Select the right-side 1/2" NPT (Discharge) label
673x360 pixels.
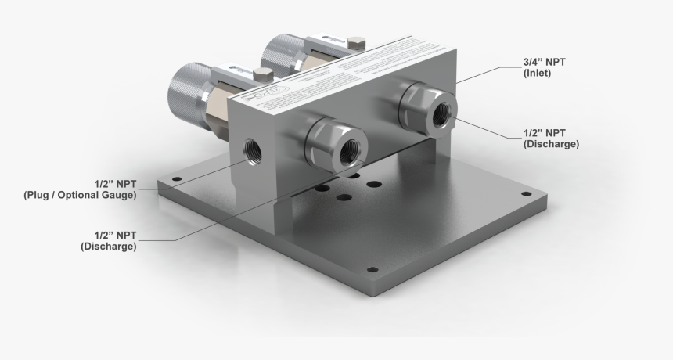tap(551, 138)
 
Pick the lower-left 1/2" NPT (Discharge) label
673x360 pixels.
tap(109, 240)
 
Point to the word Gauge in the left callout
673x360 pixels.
tap(117, 196)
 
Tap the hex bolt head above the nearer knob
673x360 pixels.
tap(264, 75)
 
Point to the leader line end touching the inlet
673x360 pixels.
tap(458, 81)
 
